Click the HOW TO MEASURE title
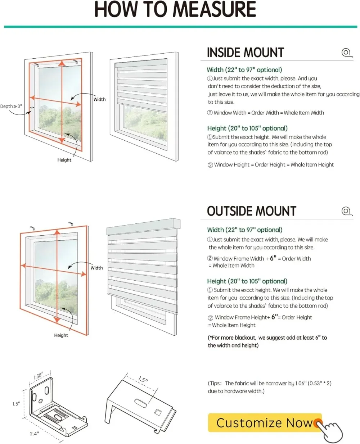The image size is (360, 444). [x=175, y=10]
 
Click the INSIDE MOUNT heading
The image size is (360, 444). [x=246, y=53]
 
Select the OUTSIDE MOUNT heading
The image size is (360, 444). [x=251, y=211]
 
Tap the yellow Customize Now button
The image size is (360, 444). [x=265, y=423]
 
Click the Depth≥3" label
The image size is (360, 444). [x=11, y=107]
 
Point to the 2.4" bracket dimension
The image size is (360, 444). [x=34, y=434]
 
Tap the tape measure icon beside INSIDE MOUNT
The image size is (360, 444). [x=346, y=53]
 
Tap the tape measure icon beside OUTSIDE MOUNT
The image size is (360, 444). [x=347, y=211]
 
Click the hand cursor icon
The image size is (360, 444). [x=331, y=430]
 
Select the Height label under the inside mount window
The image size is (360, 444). [x=64, y=160]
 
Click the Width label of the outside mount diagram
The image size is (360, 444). [x=96, y=268]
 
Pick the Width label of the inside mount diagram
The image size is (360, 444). [x=99, y=100]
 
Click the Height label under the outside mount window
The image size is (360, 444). [x=61, y=335]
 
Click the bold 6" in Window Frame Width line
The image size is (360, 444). [x=273, y=258]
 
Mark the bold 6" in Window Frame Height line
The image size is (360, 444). [x=275, y=317]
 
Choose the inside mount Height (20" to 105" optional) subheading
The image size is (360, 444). [x=247, y=128]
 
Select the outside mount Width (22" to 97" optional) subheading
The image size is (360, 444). [x=245, y=230]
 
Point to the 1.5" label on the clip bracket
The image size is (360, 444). [x=143, y=380]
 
